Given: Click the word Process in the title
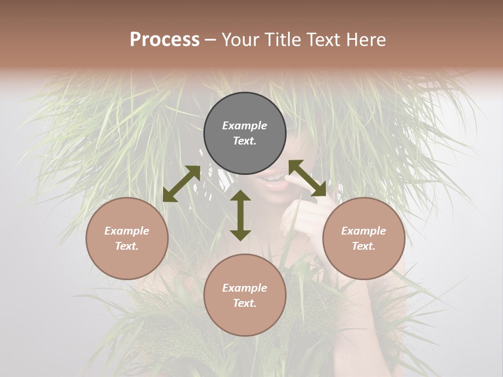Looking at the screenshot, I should pos(165,40).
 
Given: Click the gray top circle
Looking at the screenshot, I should pos(245,134).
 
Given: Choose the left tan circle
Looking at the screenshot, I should pos(127,238).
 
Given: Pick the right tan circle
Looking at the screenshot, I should pos(364,238).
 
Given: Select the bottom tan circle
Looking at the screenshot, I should pos(245,295).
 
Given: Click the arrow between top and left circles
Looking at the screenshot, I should pos(181,184).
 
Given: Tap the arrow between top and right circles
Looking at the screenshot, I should pos(307,178).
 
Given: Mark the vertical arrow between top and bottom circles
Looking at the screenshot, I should pos(240,215).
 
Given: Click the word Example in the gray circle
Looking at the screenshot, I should pos(245,126).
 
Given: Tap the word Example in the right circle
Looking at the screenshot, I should pos(364,231).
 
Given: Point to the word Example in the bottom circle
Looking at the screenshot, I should pos(245,288).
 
